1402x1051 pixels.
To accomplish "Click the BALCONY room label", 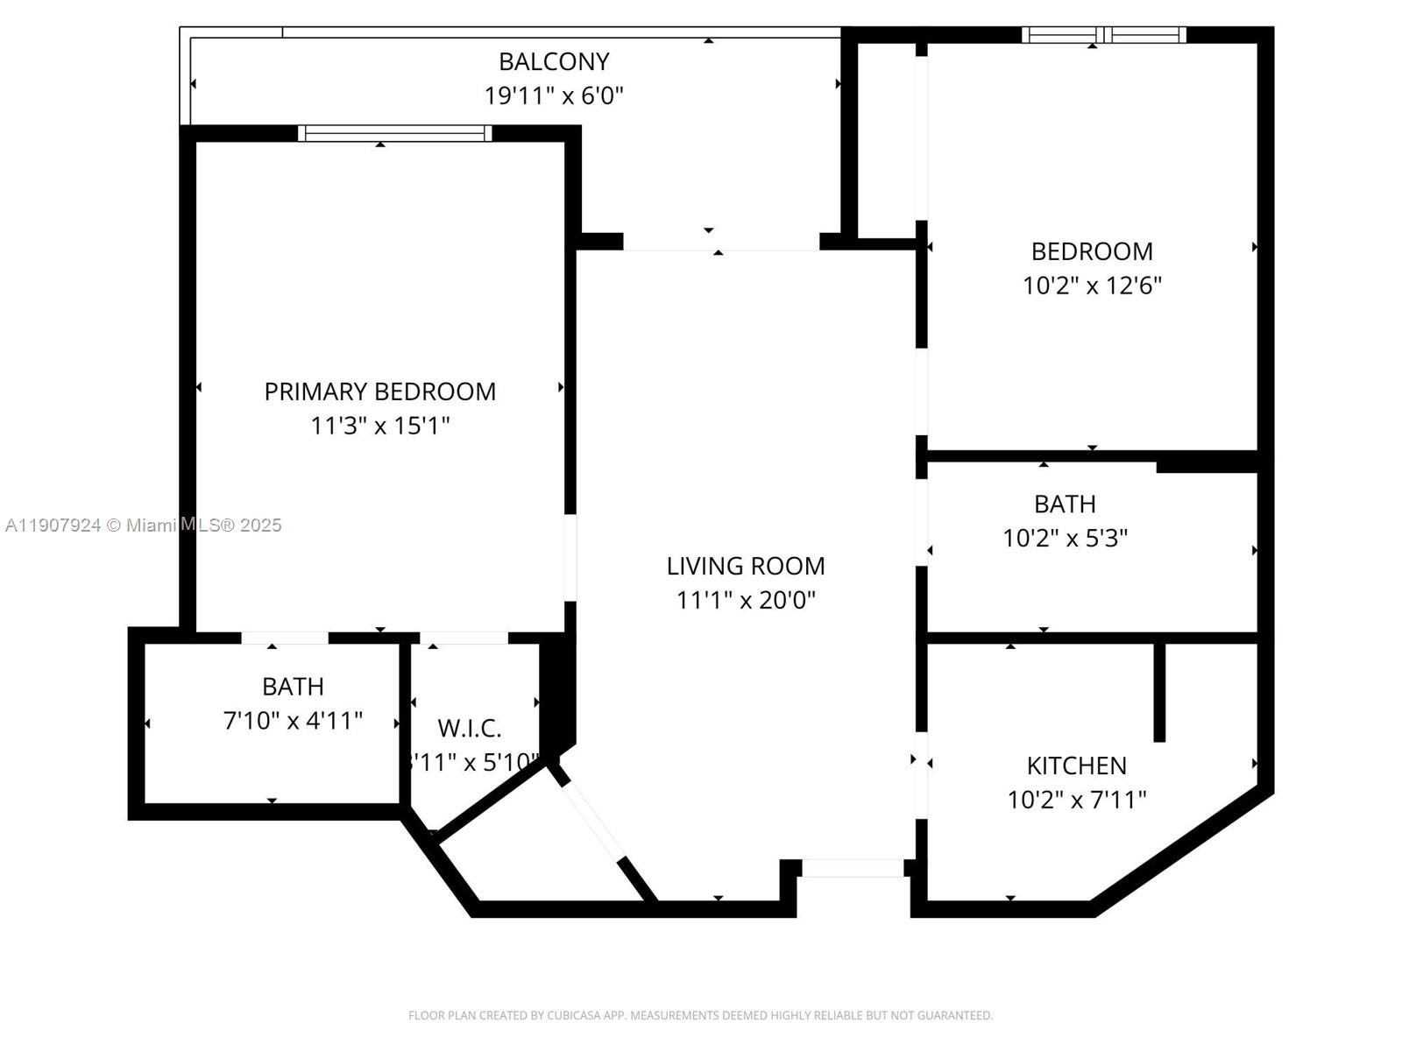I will pos(554,61).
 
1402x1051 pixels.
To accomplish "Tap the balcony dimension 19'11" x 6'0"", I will pos(554,95).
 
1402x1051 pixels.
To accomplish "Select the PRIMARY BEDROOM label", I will pos(379,391).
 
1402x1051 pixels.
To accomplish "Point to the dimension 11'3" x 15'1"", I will pos(379,426).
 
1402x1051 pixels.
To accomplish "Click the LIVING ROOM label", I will pos(746,567).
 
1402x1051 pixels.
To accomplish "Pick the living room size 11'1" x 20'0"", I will pos(746,600).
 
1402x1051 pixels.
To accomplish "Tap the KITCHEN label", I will pos(1076,765).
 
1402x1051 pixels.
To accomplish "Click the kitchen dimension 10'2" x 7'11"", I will pos(1076,800).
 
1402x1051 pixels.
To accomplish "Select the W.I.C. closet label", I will pos(470,728).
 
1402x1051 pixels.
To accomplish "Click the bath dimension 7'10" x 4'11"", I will pos(293,721).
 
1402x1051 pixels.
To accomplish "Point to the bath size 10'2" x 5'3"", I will pos(1065,538).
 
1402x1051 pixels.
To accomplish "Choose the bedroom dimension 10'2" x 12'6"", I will pos(1092,286).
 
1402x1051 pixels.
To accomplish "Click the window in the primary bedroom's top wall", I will pos(394,133).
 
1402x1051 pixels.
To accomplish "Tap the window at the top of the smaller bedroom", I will pos(1103,35).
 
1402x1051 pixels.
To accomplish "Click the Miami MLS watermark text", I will pos(143,525).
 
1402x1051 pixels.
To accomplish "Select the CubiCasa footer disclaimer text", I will pos(700,1015).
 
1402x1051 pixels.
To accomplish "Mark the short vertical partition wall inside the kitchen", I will pos(1159,692).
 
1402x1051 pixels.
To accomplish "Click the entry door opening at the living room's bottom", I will pos(853,868).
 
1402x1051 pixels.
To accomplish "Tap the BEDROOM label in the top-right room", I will pos(1092,251).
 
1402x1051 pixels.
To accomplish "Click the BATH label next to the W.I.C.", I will pos(293,687).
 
